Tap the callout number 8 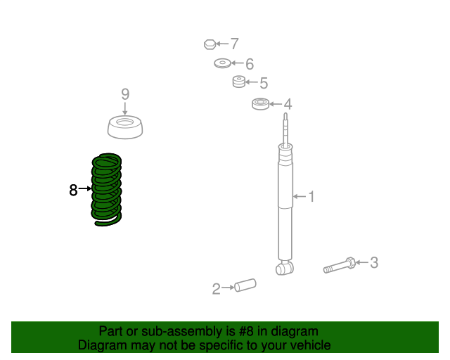73,190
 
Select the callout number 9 125,94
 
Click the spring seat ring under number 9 125,127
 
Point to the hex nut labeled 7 210,44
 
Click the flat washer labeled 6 222,63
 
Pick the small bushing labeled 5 239,82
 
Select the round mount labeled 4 261,104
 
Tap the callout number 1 311,197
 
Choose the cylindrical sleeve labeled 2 245,285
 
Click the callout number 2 216,289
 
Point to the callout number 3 374,262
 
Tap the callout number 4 288,104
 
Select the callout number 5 264,83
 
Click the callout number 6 250,64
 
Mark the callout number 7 235,44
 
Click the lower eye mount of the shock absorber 284,268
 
